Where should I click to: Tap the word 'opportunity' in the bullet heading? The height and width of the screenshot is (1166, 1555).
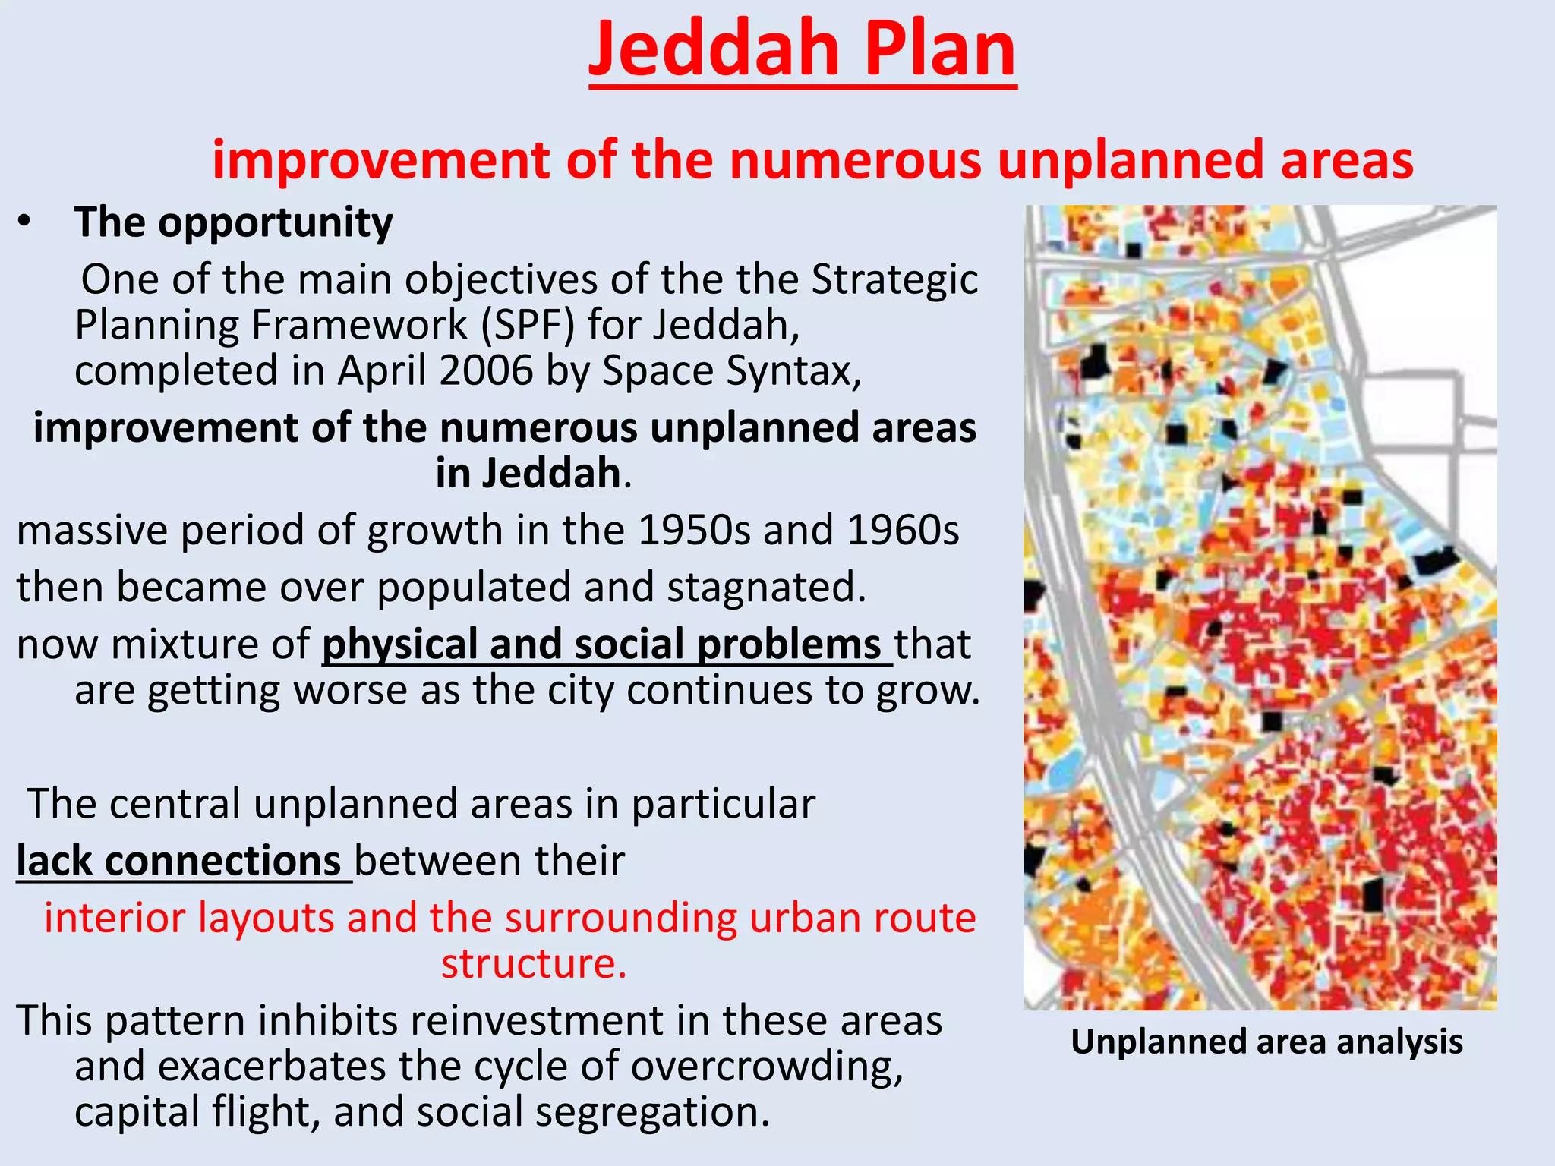coord(275,224)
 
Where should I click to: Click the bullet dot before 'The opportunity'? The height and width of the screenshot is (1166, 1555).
coord(25,222)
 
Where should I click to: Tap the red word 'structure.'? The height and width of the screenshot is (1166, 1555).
coord(534,964)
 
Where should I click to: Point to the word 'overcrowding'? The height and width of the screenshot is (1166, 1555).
coord(767,1067)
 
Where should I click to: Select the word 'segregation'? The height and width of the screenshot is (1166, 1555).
coord(652,1112)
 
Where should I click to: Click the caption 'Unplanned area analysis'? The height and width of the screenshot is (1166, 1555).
coord(1266,1042)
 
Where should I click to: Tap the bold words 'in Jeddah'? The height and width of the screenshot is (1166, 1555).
coord(528,474)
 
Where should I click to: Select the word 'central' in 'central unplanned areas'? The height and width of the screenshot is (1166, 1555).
coord(175,804)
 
